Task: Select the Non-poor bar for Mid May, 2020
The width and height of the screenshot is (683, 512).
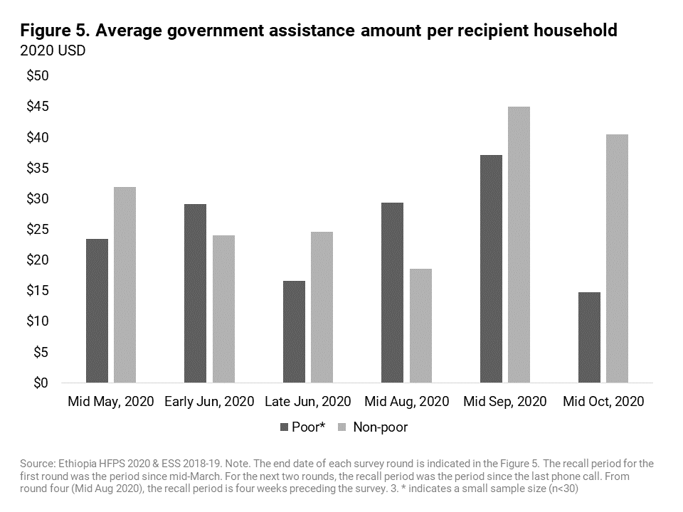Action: [x=125, y=284]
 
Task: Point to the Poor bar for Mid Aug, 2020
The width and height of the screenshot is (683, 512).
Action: [x=392, y=292]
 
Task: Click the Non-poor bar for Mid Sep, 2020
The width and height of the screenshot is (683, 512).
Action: [x=519, y=245]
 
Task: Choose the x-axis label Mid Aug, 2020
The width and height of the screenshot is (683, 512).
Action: [x=406, y=402]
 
